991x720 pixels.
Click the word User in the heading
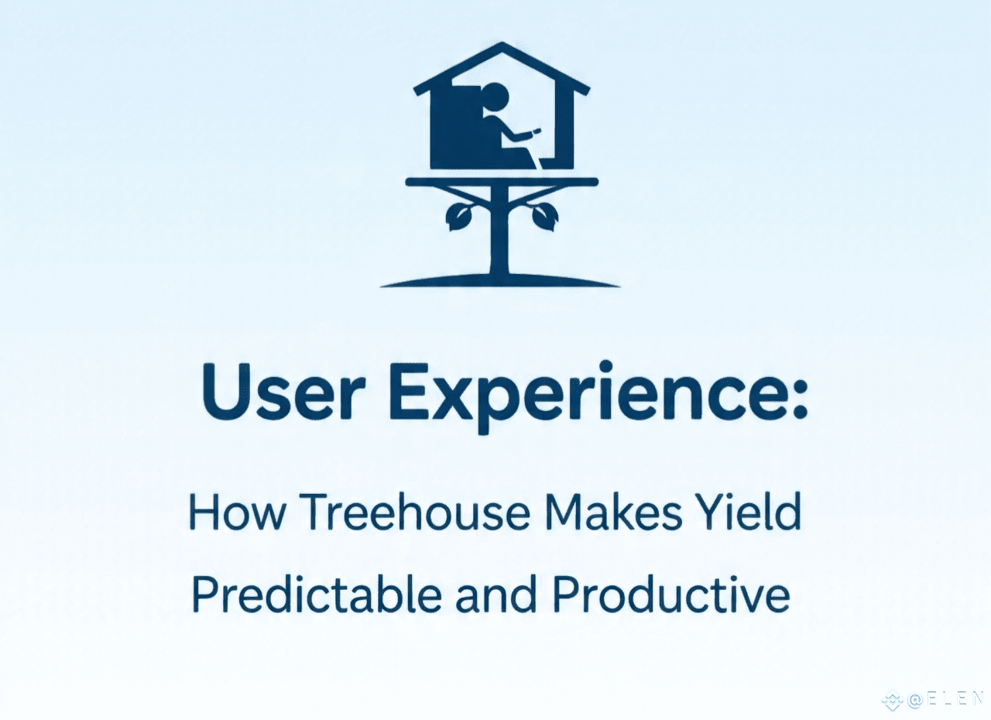coord(283,392)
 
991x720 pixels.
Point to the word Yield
coord(749,512)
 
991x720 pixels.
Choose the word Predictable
coord(317,594)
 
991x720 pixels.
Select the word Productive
coord(670,594)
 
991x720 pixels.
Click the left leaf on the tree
coord(457,217)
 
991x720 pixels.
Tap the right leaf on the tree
coord(545,217)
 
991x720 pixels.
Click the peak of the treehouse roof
coord(501,43)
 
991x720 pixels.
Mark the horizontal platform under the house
coord(502,181)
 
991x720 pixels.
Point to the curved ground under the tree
coord(500,281)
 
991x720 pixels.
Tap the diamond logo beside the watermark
coord(893,700)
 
